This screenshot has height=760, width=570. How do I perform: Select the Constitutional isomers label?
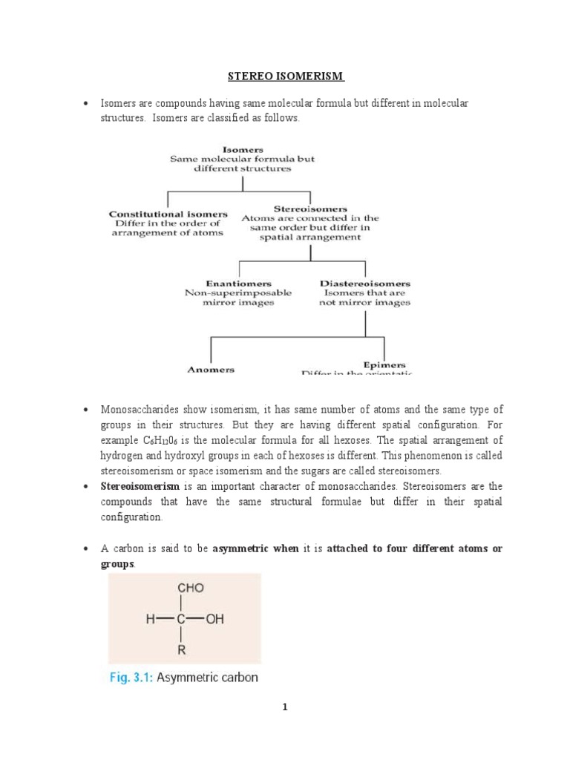(168, 214)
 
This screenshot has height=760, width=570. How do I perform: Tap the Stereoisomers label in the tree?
(310, 209)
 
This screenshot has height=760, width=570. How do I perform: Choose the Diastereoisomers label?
(364, 284)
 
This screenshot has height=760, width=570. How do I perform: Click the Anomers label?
(212, 369)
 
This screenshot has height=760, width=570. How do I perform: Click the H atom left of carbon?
(144, 619)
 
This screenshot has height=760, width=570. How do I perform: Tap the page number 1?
(284, 707)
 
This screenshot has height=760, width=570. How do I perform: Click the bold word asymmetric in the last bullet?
(239, 548)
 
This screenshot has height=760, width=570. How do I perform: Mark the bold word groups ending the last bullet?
(117, 564)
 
